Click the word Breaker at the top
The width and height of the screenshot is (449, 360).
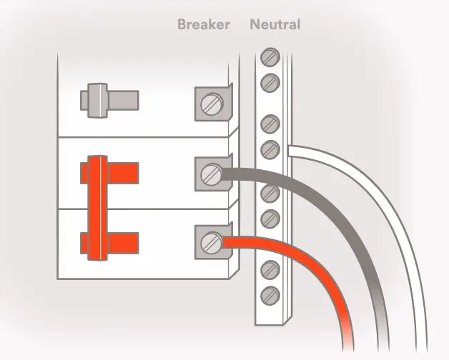[x=204, y=25]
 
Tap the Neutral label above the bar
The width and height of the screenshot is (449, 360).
[x=275, y=25]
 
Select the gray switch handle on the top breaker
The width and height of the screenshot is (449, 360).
[x=101, y=99]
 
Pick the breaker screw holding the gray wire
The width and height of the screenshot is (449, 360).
[x=210, y=174]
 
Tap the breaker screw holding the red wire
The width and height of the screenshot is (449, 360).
[x=210, y=242]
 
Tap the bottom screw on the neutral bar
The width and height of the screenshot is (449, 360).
[x=270, y=293]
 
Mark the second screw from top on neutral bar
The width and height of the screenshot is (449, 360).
[x=270, y=81]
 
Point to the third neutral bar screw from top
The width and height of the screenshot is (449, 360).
[x=270, y=124]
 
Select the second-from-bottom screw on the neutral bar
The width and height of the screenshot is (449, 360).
[x=270, y=269]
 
